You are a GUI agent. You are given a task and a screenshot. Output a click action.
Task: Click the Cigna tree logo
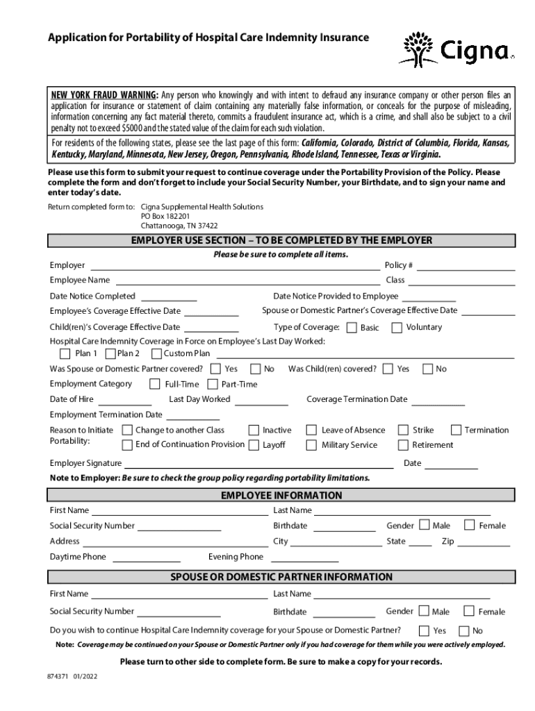pos(418,48)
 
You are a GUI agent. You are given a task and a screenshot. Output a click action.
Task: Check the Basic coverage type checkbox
pos(352,327)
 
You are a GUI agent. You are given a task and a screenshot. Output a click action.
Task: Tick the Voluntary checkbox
pos(397,327)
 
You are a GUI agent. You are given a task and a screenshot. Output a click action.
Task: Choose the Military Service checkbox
pos(310,445)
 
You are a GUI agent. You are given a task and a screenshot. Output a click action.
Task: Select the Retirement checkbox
pos(402,445)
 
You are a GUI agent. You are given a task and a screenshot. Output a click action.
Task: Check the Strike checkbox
pos(402,430)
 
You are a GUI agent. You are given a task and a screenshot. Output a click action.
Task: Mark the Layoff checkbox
pos(254,445)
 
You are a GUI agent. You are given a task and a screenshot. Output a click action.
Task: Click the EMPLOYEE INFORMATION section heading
pos(281,496)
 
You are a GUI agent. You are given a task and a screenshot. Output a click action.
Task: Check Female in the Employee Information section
pos(469,525)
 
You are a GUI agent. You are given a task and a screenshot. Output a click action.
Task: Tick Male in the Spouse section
pos(424,611)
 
